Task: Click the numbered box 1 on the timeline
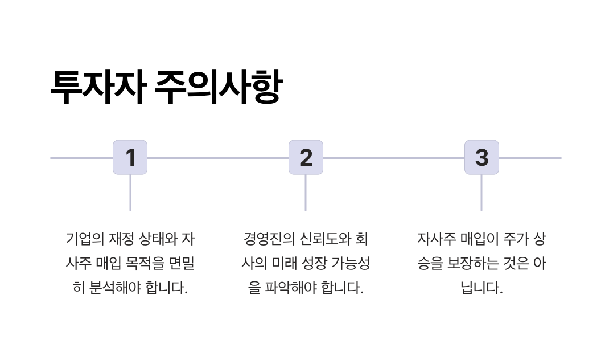(x=130, y=157)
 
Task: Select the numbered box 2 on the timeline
(x=306, y=157)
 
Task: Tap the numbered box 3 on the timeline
(x=482, y=157)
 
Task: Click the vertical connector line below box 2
(x=306, y=193)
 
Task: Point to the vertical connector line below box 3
(x=482, y=193)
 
